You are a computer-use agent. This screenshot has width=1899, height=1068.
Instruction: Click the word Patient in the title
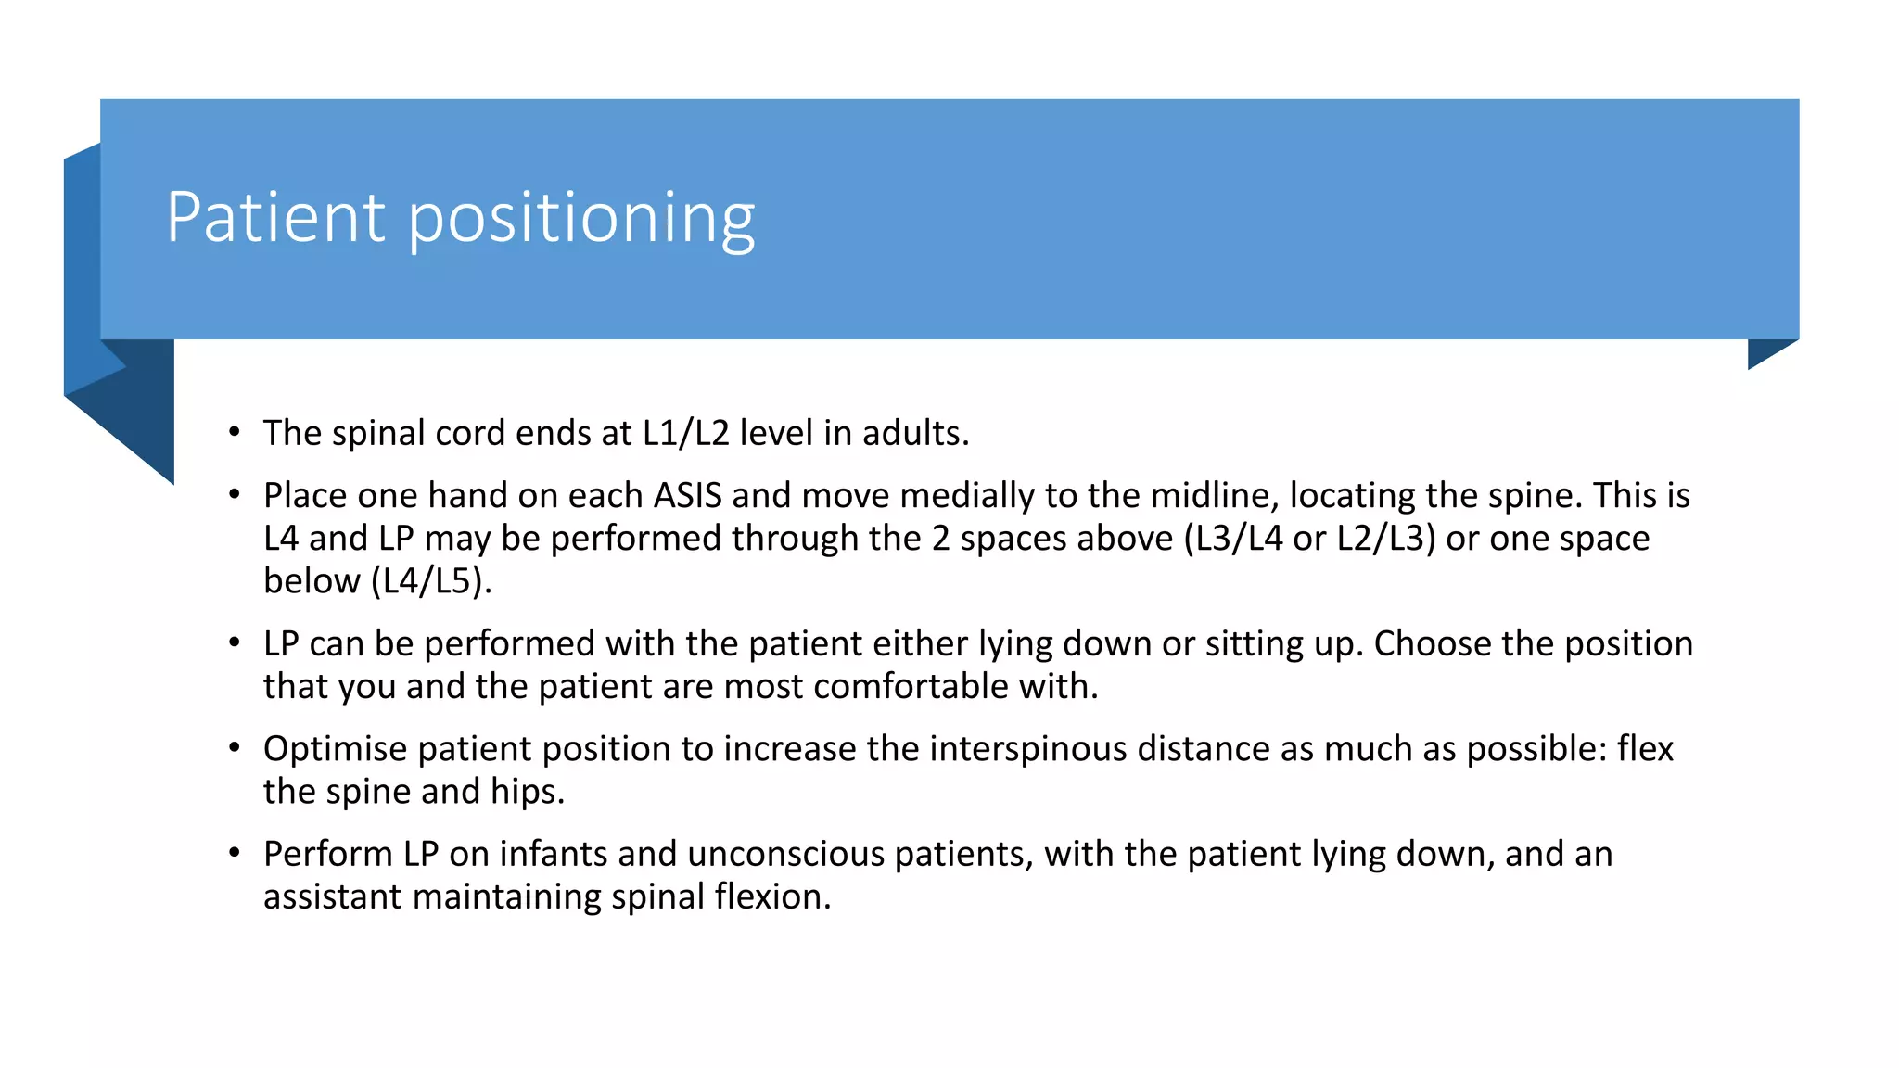(275, 217)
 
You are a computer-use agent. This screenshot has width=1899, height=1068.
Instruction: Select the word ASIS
(687, 495)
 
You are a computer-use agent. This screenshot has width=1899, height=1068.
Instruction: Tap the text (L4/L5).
(431, 581)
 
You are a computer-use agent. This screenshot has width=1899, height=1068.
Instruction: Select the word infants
(553, 854)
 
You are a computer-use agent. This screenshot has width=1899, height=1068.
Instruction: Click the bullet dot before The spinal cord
(235, 432)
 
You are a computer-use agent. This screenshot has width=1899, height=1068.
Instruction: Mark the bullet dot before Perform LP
(235, 853)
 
